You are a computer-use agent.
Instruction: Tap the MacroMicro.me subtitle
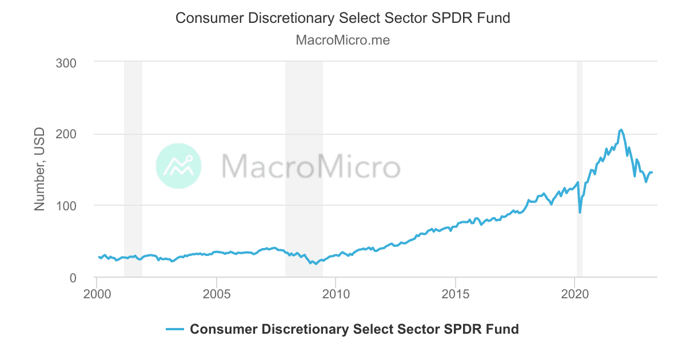[x=343, y=41]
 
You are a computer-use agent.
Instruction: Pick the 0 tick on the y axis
[x=73, y=278]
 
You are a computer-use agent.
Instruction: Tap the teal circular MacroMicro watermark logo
[x=178, y=166]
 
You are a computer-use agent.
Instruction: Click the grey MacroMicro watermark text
[x=310, y=166]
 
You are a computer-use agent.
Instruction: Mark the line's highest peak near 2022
[x=621, y=130]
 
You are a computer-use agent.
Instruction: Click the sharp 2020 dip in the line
[x=580, y=213]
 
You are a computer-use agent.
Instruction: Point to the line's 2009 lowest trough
[x=316, y=264]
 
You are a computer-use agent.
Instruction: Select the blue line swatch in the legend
[x=174, y=329]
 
